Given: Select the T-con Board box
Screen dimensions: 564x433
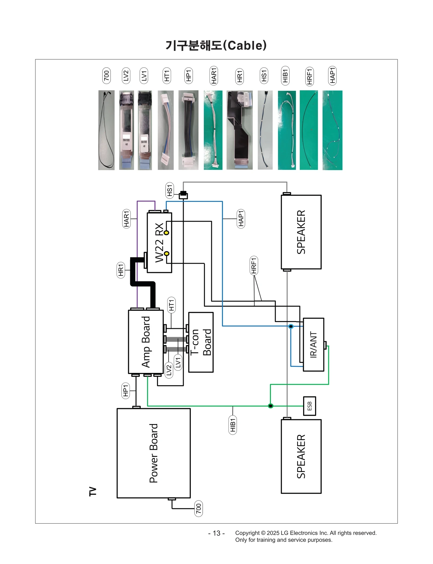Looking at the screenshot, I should click(201, 342).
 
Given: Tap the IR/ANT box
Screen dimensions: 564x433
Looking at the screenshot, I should click(313, 344).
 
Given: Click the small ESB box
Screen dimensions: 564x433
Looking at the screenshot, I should click(309, 406).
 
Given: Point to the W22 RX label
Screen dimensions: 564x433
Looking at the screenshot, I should click(159, 242).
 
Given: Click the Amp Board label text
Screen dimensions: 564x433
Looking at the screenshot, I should click(146, 342).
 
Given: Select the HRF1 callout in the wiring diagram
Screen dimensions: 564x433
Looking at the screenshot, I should click(254, 265).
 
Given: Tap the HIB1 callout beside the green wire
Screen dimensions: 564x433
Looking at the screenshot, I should click(232, 425).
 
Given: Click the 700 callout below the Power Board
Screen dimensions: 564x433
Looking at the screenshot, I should click(198, 509).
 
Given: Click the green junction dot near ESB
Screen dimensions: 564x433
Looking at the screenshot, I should click(270, 406).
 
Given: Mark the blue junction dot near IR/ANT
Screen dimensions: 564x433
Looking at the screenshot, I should click(291, 326).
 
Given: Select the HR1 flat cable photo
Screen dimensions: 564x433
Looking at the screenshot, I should click(239, 130).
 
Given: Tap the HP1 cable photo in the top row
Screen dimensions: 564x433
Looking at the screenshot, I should click(188, 130).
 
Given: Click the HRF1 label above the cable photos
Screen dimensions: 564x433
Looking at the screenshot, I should click(309, 76).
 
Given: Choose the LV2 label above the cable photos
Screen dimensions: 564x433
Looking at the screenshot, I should click(126, 76).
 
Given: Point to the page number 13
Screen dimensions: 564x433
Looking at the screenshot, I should click(216, 533).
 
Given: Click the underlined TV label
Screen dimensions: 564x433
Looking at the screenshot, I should click(93, 491).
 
